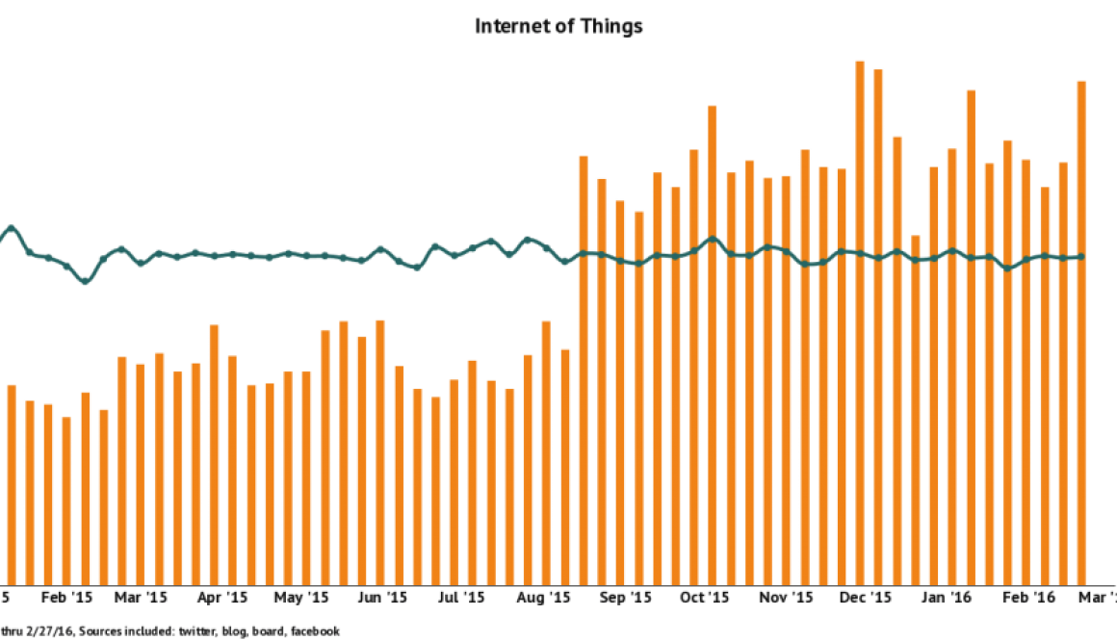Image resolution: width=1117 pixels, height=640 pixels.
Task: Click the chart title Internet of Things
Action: pyautogui.click(x=558, y=27)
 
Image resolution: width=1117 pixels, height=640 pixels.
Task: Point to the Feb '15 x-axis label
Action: pyautogui.click(x=68, y=598)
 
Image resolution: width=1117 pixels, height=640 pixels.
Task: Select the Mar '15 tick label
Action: pyautogui.click(x=142, y=598)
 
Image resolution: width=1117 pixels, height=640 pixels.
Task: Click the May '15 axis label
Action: pyautogui.click(x=302, y=598)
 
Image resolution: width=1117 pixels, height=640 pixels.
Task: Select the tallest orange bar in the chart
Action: pyautogui.click(x=860, y=322)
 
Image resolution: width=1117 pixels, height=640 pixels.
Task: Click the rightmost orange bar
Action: pyautogui.click(x=1081, y=332)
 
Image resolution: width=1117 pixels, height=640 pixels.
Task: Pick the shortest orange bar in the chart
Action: pyautogui.click(x=66, y=499)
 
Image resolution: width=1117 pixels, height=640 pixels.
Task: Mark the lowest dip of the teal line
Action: pyautogui.click(x=85, y=283)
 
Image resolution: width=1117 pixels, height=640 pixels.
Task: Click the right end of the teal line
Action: pyautogui.click(x=1082, y=256)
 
